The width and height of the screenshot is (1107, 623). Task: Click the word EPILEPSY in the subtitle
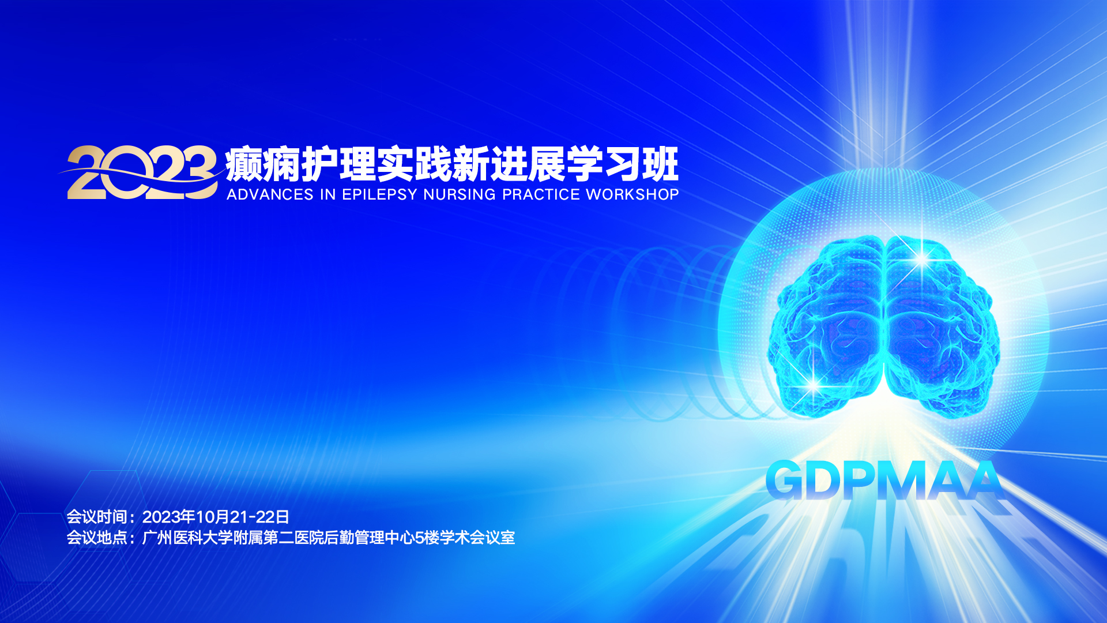[x=379, y=194]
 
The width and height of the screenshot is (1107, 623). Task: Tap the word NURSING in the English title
[x=460, y=194]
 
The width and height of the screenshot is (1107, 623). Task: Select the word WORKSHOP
[x=632, y=194]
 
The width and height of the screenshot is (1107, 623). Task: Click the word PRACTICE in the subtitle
[x=541, y=194]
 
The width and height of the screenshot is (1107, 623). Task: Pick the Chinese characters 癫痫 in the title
[x=262, y=164]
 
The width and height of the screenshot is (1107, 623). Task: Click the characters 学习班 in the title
[x=622, y=164]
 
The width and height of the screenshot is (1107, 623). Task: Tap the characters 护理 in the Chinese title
[x=338, y=164]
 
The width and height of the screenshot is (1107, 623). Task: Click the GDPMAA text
[x=884, y=481]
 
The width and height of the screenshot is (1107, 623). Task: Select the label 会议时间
[x=97, y=516]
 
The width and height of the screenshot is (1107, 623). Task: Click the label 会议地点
[x=97, y=538]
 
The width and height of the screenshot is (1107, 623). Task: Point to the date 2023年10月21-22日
[x=216, y=516]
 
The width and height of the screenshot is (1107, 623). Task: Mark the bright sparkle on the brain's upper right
[x=921, y=258]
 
